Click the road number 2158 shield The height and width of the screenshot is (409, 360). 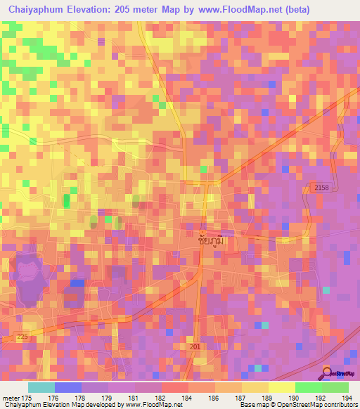click(x=321, y=188)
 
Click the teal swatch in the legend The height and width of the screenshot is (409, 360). click(x=41, y=387)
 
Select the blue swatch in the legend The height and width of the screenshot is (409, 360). click(x=68, y=387)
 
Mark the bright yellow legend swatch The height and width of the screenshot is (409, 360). click(x=281, y=387)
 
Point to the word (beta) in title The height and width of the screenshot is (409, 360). click(x=293, y=9)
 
